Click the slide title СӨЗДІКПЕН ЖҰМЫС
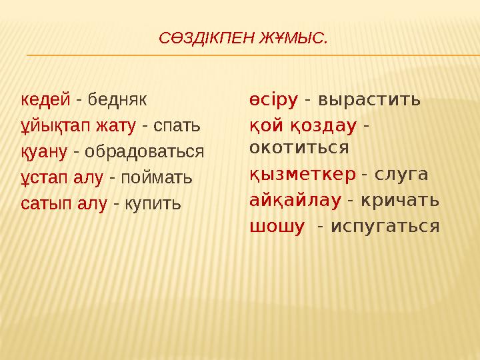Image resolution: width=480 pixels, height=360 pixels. (x=243, y=39)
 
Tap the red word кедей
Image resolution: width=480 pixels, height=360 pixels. (x=45, y=99)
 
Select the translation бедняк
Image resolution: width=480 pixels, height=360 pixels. (x=117, y=99)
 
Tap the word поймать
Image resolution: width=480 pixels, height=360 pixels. (x=155, y=177)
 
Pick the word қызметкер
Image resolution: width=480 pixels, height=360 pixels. (x=302, y=175)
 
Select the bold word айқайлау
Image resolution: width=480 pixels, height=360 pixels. (x=295, y=200)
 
